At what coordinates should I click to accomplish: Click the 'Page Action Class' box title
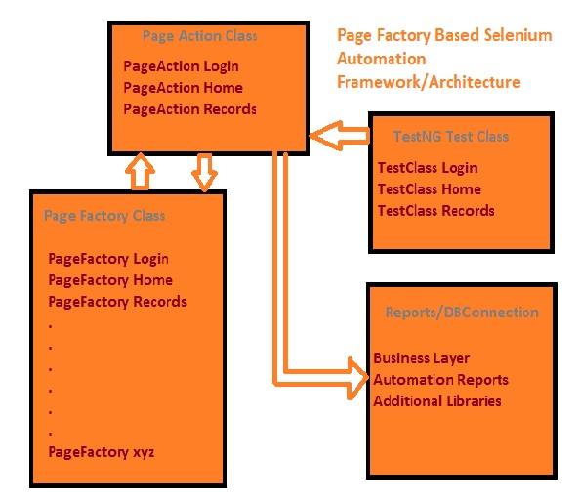pyautogui.click(x=199, y=36)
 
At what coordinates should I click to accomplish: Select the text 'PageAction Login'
pyautogui.click(x=181, y=66)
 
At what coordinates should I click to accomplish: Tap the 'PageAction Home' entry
pyautogui.click(x=184, y=88)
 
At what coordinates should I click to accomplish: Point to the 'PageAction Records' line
pyautogui.click(x=189, y=109)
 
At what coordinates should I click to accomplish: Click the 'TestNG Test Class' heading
pyautogui.click(x=451, y=137)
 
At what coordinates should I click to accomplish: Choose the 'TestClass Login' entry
pyautogui.click(x=428, y=168)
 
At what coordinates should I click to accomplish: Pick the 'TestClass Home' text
pyautogui.click(x=429, y=189)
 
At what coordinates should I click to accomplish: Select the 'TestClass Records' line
pyautogui.click(x=435, y=211)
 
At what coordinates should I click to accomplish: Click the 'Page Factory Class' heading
pyautogui.click(x=104, y=216)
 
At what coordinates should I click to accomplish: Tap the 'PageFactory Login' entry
pyautogui.click(x=108, y=259)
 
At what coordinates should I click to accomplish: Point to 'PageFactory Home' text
pyautogui.click(x=110, y=280)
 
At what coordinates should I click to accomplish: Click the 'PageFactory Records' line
pyautogui.click(x=118, y=302)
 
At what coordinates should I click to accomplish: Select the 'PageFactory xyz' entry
pyautogui.click(x=102, y=452)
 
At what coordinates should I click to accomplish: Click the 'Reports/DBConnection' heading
pyautogui.click(x=462, y=313)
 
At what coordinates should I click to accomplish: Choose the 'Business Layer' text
pyautogui.click(x=422, y=358)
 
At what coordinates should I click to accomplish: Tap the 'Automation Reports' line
pyautogui.click(x=441, y=380)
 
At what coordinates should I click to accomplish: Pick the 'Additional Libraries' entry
pyautogui.click(x=437, y=401)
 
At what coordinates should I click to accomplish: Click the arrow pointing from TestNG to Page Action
pyautogui.click(x=339, y=136)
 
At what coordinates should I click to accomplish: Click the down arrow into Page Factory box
pyautogui.click(x=204, y=173)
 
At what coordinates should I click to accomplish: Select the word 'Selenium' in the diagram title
pyautogui.click(x=517, y=35)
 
